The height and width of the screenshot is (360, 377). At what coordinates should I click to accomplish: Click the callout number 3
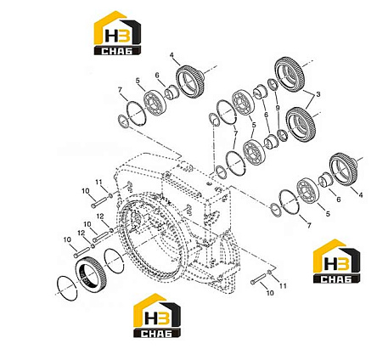318,94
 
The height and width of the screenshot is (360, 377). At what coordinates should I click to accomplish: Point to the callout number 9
278,108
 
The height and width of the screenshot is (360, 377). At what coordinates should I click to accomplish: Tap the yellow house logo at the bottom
157,316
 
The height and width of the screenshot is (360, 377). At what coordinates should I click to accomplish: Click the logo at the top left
117,33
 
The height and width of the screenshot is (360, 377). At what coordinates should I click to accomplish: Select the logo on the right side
336,261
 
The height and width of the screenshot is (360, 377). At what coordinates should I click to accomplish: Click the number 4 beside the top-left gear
172,54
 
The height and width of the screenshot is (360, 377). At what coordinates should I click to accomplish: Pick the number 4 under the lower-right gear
361,194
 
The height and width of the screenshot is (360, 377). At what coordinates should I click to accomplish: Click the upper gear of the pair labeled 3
290,74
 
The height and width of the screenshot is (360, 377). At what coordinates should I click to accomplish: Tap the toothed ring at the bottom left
91,272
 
